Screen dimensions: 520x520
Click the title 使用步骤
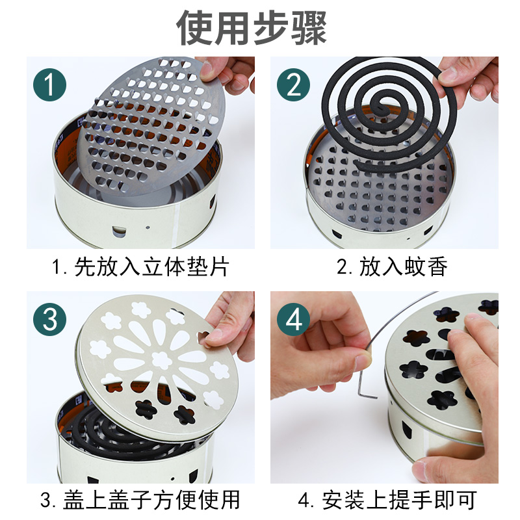click(x=252, y=27)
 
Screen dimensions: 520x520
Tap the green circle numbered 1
click(x=50, y=85)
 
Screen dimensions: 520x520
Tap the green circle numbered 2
click(x=294, y=85)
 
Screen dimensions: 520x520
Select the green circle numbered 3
click(x=50, y=319)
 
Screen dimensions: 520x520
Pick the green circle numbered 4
click(x=294, y=319)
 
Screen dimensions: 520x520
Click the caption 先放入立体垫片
click(x=152, y=266)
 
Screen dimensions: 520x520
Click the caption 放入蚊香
click(x=403, y=266)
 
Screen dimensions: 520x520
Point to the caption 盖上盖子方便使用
click(x=151, y=500)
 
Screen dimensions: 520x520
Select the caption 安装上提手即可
click(x=399, y=500)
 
